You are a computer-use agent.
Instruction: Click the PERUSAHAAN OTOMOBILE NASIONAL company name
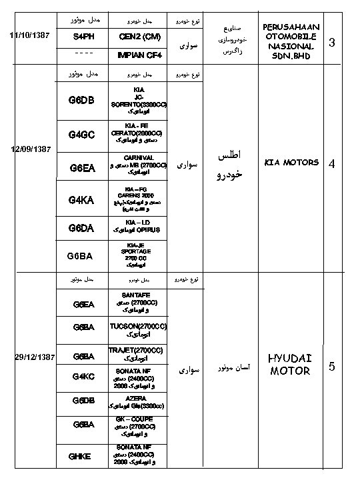pyautogui.click(x=292, y=42)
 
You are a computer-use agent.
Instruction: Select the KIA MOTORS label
pyautogui.click(x=292, y=162)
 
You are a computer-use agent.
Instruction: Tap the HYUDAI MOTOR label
pyautogui.click(x=289, y=365)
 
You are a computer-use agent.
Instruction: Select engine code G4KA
pyautogui.click(x=84, y=199)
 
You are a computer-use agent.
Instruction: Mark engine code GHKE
pyautogui.click(x=84, y=456)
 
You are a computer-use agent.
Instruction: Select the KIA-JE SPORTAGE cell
pyautogui.click(x=140, y=255)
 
